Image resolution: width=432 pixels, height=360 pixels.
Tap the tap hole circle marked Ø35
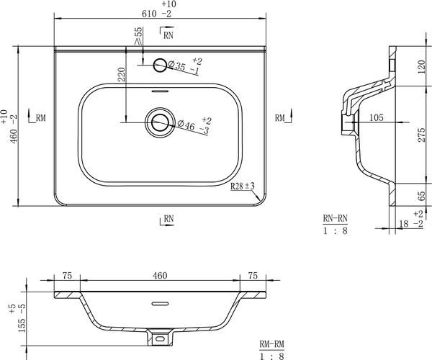pos(160,65)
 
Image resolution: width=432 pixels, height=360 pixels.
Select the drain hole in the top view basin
pos(160,122)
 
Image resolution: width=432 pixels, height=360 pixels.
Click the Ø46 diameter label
pos(186,125)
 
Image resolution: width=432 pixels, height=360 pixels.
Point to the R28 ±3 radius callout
pos(243,186)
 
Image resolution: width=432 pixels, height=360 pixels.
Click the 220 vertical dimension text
pos(122,74)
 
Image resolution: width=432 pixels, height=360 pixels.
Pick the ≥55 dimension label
pos(138,36)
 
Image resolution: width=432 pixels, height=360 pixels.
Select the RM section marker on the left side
pos(37,117)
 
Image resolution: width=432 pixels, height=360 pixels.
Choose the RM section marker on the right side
pos(284,117)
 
